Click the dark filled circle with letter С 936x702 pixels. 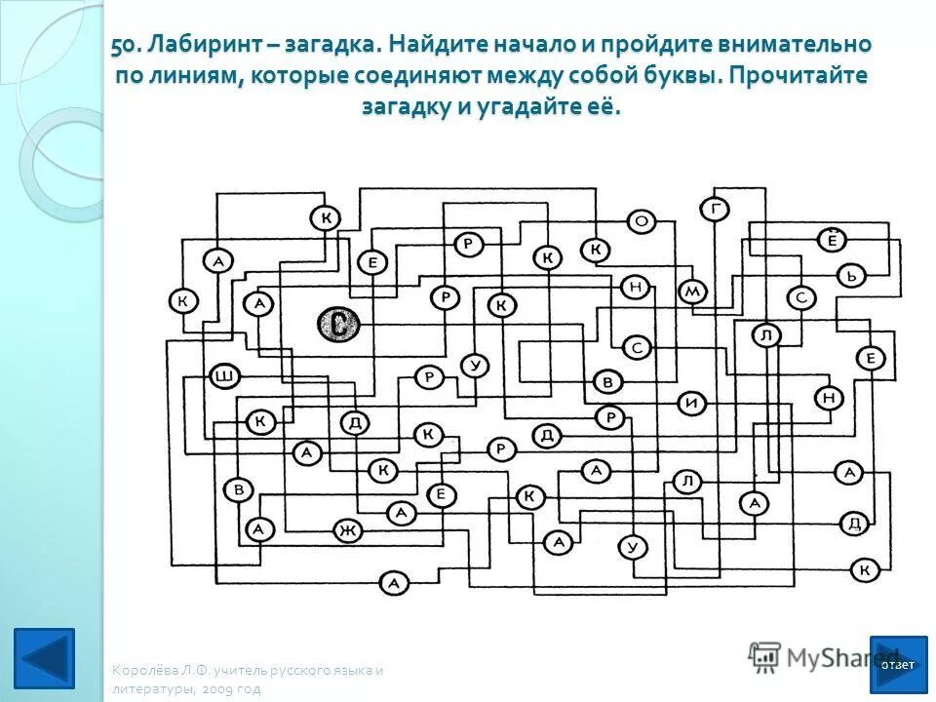[337, 325]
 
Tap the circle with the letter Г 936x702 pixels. [715, 208]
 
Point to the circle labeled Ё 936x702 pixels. [832, 239]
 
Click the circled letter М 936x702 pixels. [692, 292]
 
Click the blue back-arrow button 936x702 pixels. [44, 657]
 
